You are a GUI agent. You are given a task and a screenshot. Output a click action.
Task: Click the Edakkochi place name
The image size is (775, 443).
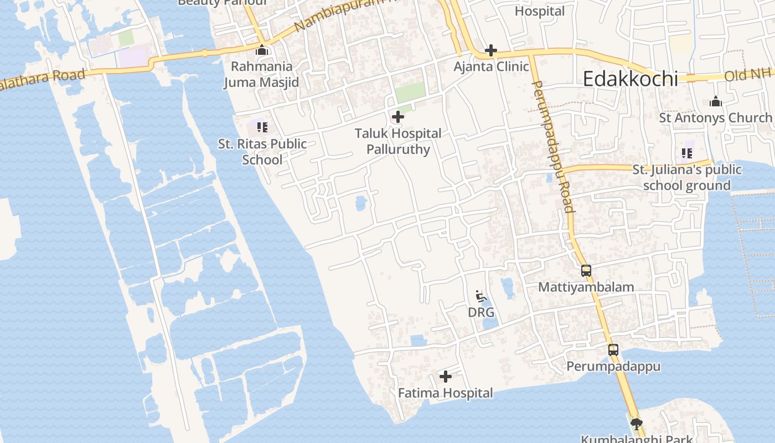(x=630, y=79)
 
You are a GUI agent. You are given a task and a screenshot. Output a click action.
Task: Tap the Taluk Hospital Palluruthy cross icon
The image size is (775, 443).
(x=397, y=117)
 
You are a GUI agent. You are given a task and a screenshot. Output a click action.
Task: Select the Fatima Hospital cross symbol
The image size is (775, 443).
(x=445, y=377)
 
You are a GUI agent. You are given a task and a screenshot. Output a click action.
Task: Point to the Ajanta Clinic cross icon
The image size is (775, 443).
(x=490, y=51)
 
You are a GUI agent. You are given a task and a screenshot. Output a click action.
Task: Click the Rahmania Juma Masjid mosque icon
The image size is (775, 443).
(x=262, y=50)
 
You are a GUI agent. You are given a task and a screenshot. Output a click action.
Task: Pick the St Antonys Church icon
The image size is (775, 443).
(x=715, y=102)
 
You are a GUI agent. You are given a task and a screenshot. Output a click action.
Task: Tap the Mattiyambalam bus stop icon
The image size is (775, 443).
(x=586, y=271)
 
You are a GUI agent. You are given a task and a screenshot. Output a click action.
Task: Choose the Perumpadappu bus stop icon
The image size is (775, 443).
(x=613, y=350)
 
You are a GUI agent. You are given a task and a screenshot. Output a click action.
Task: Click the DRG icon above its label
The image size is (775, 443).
(x=481, y=296)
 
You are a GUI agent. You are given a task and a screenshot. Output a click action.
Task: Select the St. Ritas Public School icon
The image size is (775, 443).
(x=262, y=127)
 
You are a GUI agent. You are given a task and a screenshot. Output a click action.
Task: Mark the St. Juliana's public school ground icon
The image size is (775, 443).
(x=688, y=153)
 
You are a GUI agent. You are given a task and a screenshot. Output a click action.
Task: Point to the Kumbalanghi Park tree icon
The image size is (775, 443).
(x=636, y=424)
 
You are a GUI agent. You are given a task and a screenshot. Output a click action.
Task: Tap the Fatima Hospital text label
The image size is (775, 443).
(x=445, y=393)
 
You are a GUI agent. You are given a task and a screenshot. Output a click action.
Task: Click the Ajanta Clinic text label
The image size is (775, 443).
(x=491, y=67)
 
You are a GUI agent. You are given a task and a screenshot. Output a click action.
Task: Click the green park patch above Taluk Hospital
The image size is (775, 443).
(x=410, y=92)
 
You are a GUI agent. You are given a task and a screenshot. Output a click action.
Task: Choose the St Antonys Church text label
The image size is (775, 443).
(x=715, y=118)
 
